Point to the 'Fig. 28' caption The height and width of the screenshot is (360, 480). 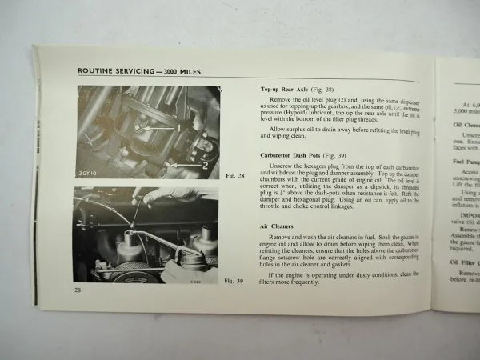pos(234,176)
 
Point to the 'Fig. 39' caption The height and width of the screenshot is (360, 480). pos(233,282)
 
